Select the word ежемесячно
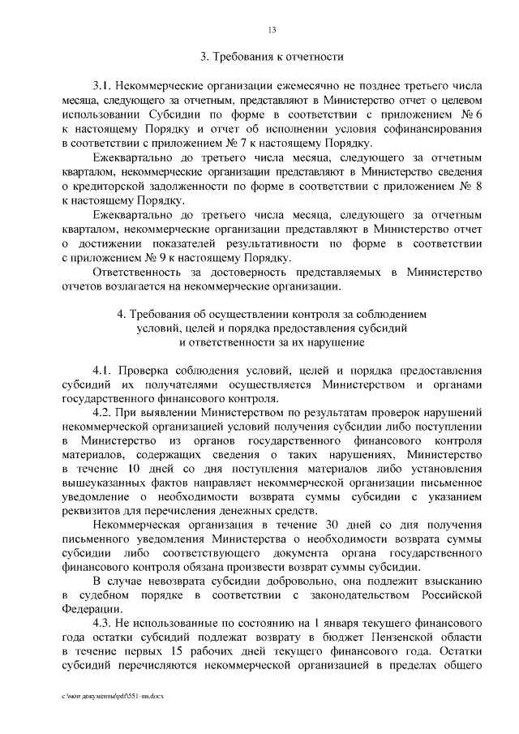coord(268,85)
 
